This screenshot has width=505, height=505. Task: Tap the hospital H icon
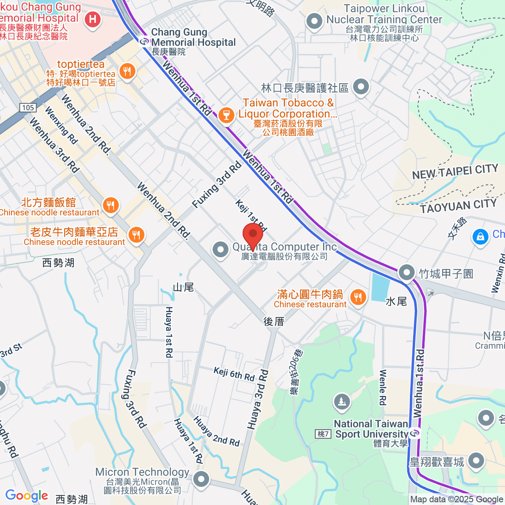coord(92,19)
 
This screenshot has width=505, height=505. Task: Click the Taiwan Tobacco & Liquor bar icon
coord(226,114)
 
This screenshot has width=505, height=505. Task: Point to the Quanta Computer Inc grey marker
coord(221,250)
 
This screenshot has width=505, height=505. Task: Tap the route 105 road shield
coord(28,107)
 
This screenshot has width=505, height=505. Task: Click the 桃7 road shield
coord(323,434)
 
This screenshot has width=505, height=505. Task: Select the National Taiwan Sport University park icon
coord(342,402)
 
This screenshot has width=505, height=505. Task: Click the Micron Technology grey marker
coord(202,479)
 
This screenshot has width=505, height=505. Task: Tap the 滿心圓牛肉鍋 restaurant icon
coord(358,297)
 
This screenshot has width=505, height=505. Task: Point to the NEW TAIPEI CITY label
coord(455,172)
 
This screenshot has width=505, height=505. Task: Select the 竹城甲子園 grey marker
coord(407,273)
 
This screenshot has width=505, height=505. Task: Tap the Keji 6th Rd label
coord(234,374)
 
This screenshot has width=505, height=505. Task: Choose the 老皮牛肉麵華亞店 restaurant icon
coord(136,235)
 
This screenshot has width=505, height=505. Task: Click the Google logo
coord(27,495)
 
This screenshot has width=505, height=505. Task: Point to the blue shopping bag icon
coord(480,237)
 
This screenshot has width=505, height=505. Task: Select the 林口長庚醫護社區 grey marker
coord(361,87)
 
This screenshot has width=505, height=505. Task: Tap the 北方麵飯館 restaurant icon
coord(111,205)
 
